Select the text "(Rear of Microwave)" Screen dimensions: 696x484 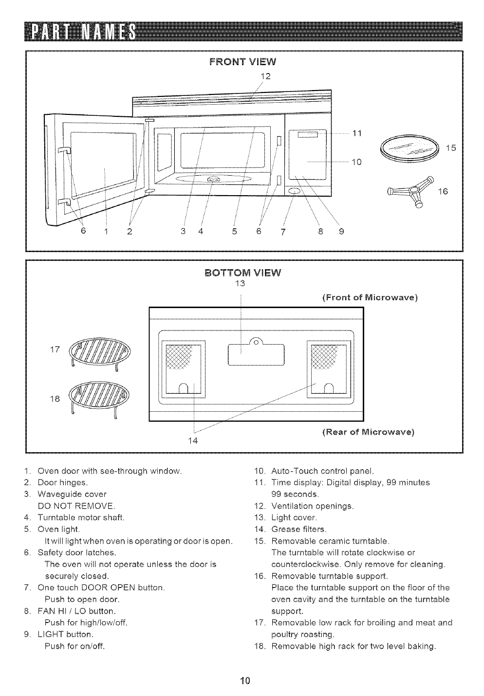point(368,431)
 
